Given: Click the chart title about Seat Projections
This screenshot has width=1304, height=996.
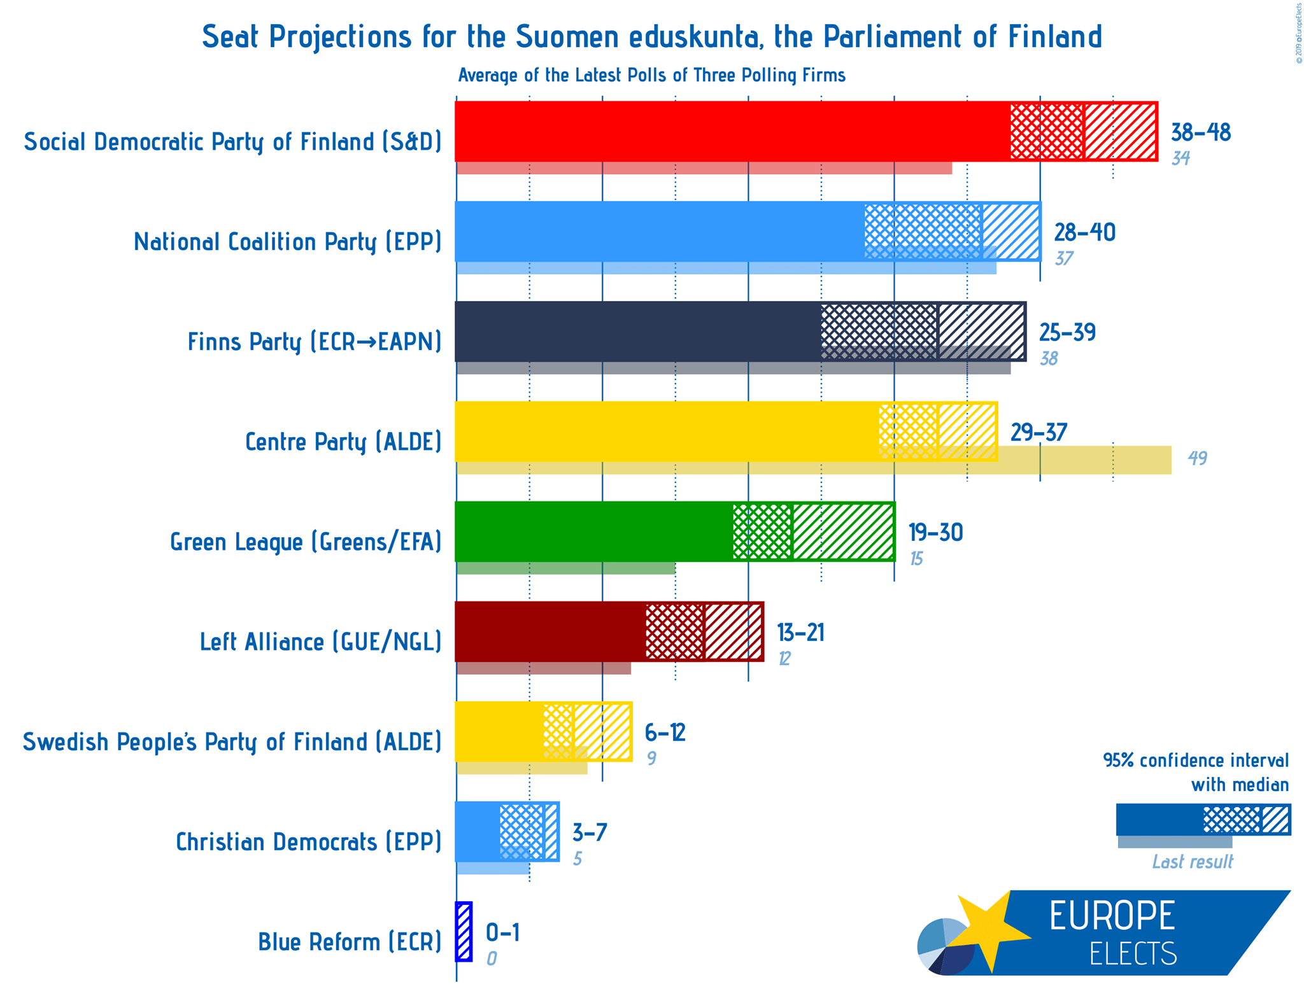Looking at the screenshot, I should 651,37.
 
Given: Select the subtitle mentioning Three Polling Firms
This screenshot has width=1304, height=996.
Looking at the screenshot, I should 651,76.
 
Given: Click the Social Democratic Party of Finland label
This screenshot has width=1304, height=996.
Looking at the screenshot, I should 232,141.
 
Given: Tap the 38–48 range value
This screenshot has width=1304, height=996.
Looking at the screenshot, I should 1200,133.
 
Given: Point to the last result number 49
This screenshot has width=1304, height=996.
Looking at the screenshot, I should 1197,458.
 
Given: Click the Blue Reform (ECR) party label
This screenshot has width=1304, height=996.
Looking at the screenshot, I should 350,942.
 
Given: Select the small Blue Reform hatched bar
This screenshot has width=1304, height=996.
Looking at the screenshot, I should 464,932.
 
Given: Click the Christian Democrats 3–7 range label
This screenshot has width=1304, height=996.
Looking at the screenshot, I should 590,832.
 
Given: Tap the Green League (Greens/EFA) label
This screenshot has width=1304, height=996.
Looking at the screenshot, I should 306,542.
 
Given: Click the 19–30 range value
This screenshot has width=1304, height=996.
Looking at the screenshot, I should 935,533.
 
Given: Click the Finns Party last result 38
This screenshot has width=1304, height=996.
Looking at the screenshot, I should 1049,359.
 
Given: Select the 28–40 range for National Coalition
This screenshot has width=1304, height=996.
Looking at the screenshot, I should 1084,233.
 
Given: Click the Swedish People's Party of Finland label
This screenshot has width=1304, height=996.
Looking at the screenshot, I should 232,742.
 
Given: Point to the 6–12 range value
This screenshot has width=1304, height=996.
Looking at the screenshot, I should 665,733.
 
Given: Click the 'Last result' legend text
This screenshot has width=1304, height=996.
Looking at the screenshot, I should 1192,862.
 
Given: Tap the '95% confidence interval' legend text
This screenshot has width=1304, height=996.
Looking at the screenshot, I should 1196,761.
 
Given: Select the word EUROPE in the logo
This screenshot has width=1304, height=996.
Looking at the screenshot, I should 1112,916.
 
